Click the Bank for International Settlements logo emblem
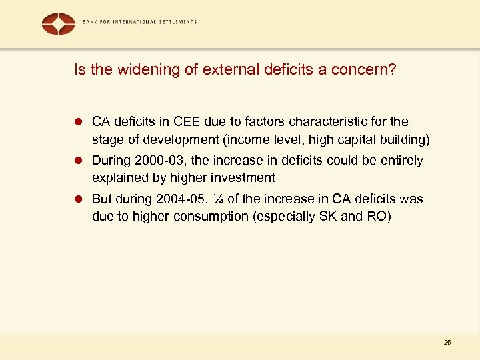59,24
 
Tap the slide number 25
447,342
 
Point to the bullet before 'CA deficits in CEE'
78,122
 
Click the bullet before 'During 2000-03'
78,161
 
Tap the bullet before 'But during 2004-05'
78,199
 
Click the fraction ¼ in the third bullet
216,199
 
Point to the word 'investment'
243,177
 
